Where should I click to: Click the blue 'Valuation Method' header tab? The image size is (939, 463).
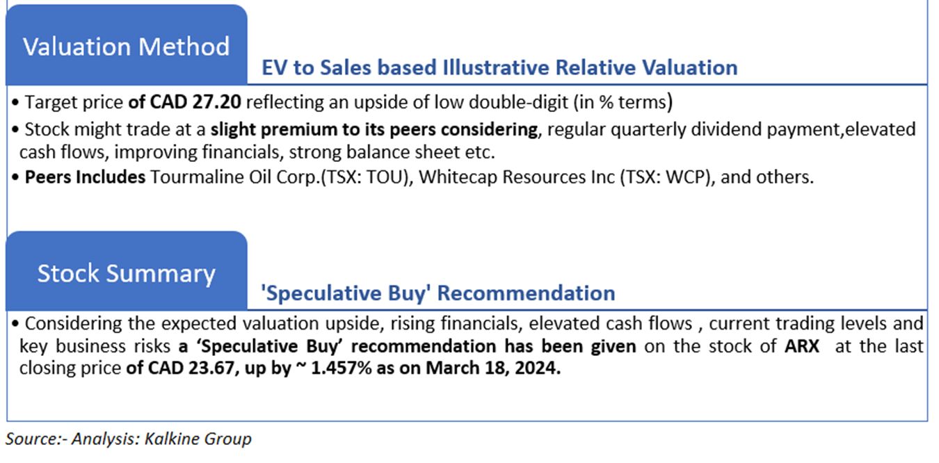tap(126, 44)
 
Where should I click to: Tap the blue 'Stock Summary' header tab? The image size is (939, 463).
tap(126, 271)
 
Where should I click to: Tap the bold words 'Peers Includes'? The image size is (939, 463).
tap(85, 177)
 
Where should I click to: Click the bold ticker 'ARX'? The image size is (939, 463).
tap(802, 346)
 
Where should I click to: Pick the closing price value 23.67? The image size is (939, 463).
tap(211, 368)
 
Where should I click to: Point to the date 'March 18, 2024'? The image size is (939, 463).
tap(492, 368)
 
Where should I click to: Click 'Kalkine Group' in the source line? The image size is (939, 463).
tap(198, 439)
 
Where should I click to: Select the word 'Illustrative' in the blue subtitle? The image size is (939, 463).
tap(496, 68)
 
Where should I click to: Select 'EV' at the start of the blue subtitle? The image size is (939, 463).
tap(275, 68)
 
